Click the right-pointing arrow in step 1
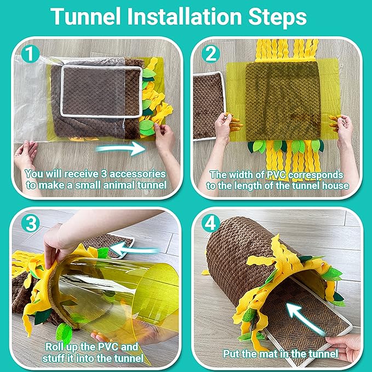coord(119,148)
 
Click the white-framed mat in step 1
coord(102,90)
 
